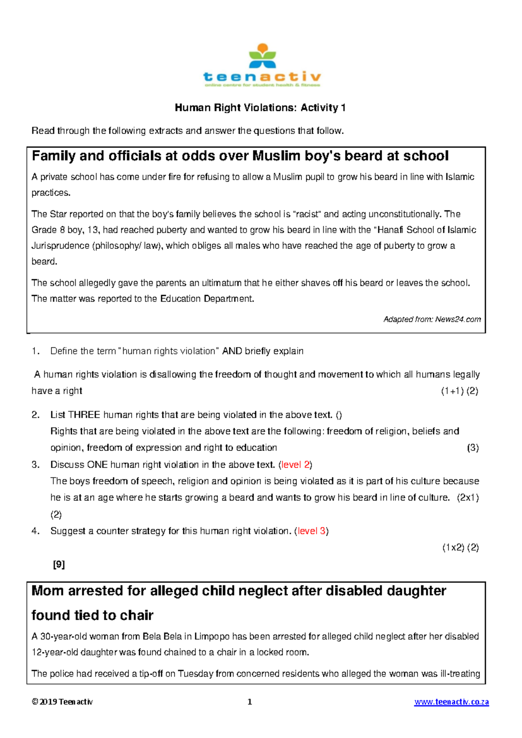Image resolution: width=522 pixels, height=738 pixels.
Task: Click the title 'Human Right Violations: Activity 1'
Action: click(260, 108)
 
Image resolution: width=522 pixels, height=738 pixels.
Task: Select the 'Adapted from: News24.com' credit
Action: click(432, 319)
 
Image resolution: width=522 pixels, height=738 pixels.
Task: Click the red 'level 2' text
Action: click(296, 465)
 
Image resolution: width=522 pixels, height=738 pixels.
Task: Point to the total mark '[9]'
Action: click(59, 564)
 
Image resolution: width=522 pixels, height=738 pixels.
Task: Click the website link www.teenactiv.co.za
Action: click(452, 702)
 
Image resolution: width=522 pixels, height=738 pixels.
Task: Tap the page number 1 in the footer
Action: click(250, 702)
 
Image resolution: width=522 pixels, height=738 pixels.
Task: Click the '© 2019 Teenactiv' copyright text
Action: click(62, 702)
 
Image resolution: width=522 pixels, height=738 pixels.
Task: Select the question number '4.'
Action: click(36, 531)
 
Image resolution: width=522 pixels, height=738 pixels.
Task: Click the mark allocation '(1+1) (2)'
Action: click(459, 391)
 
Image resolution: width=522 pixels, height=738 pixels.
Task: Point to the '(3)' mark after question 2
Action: click(472, 448)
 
